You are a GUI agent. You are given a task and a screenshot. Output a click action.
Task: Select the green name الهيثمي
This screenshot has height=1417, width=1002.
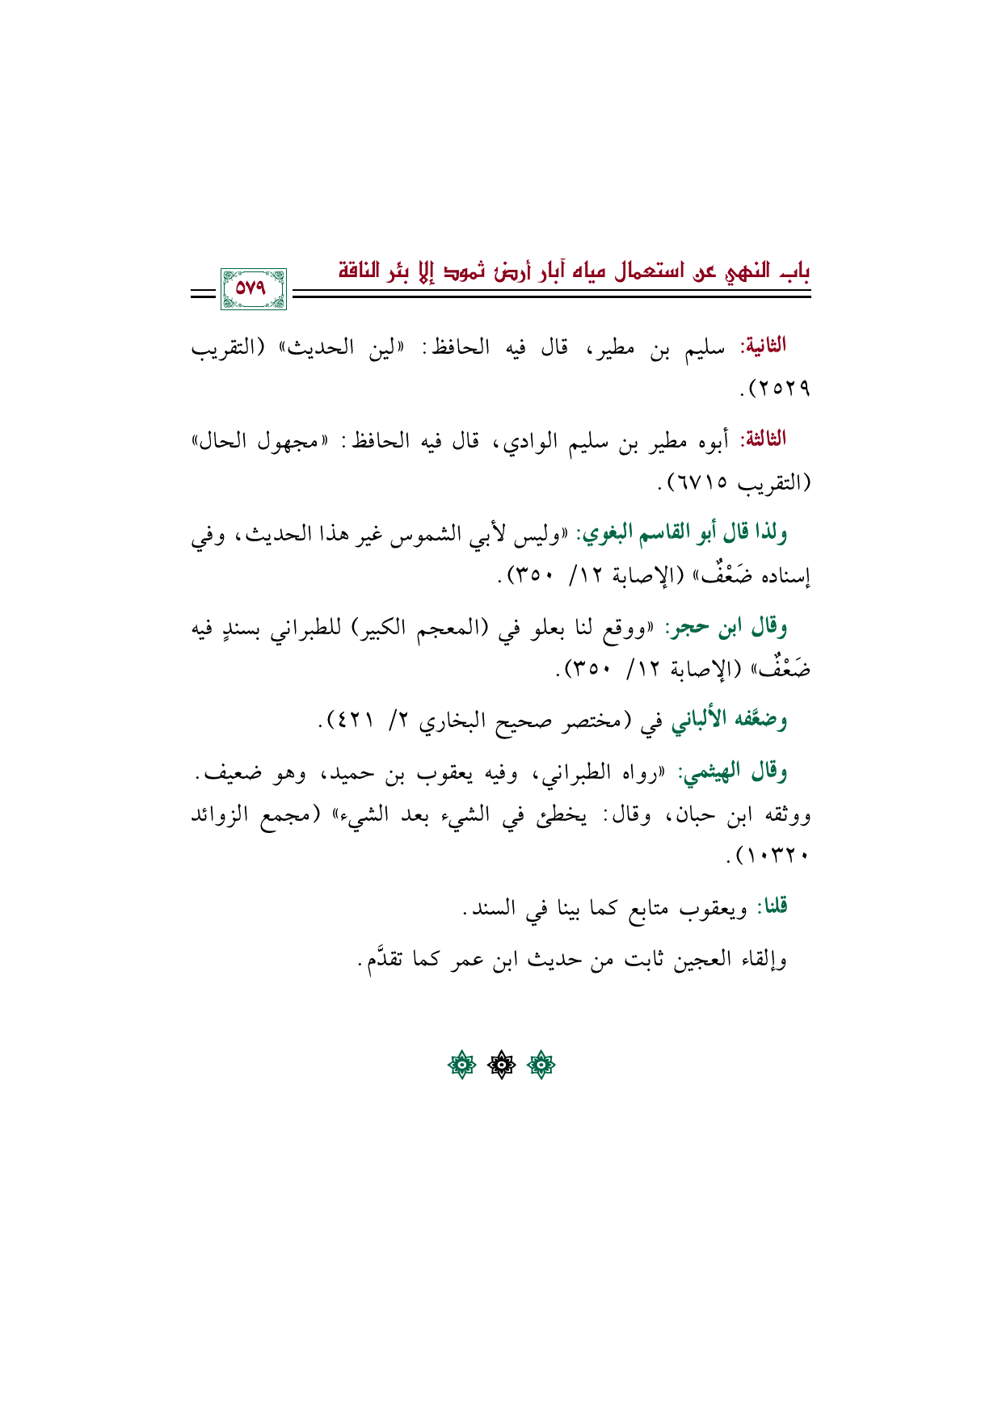tap(714, 773)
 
